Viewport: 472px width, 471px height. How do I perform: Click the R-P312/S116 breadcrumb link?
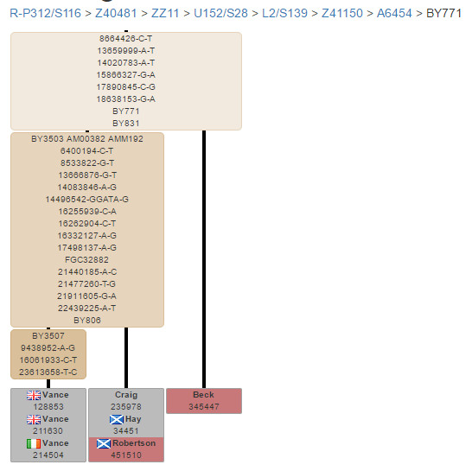click(46, 13)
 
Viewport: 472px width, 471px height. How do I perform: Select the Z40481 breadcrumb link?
click(116, 13)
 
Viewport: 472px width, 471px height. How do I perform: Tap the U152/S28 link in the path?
click(220, 13)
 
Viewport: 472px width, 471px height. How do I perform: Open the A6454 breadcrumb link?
click(394, 13)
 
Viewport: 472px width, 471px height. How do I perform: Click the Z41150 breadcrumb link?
click(342, 13)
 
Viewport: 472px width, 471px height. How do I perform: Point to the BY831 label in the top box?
click(126, 124)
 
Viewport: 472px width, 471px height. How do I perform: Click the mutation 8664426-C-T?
click(126, 39)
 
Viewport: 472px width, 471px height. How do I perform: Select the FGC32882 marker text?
click(87, 260)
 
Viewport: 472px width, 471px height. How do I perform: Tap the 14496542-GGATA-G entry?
click(87, 200)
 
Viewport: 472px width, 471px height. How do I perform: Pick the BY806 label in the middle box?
click(87, 321)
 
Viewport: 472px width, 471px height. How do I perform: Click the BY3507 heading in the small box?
click(48, 336)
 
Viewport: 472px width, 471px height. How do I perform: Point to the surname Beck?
click(203, 395)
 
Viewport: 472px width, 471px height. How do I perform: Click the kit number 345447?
click(204, 406)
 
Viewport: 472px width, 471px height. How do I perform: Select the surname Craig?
click(126, 395)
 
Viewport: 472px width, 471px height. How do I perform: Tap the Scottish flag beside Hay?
click(117, 419)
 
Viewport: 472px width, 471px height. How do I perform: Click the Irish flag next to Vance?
click(34, 443)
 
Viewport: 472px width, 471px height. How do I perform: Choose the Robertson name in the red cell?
click(134, 443)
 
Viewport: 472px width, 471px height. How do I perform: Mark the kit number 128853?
click(48, 406)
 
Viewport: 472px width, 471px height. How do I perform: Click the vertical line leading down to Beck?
click(204, 259)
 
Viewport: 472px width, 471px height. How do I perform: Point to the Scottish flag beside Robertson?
click(104, 443)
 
